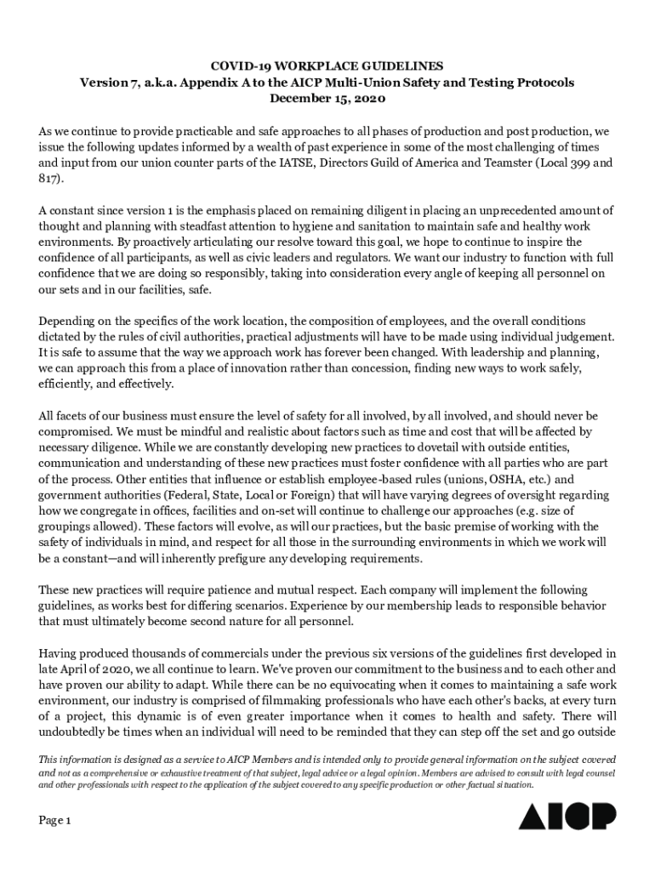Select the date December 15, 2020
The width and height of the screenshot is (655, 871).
[327, 99]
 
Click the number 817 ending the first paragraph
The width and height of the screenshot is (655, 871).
[48, 180]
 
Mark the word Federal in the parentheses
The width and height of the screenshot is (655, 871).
[190, 496]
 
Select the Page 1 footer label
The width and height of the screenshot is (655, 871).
[55, 821]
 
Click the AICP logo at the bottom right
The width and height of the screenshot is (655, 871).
[567, 816]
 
